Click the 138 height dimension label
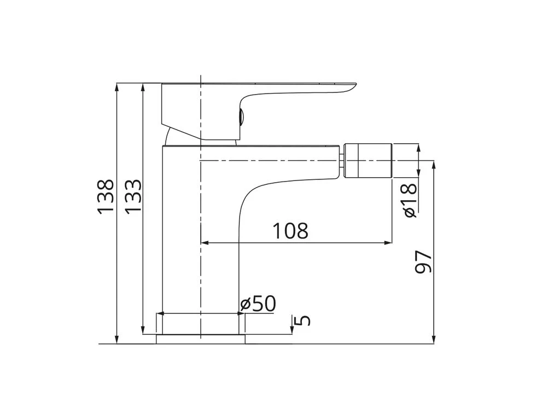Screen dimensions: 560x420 pyautogui.click(x=106, y=196)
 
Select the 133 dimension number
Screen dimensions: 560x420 pyautogui.click(x=133, y=196)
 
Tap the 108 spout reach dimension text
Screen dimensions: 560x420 pyautogui.click(x=290, y=231)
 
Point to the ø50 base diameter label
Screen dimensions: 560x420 pyautogui.click(x=258, y=304)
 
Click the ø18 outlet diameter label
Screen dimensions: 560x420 pyautogui.click(x=409, y=200)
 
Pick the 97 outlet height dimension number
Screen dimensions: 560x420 pyautogui.click(x=424, y=262)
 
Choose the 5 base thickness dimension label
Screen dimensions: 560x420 pyautogui.click(x=304, y=320)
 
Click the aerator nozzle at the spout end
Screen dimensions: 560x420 pyautogui.click(x=368, y=160)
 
